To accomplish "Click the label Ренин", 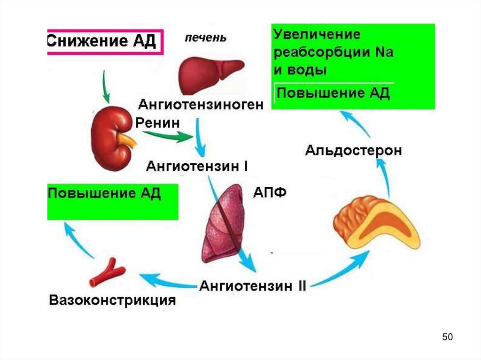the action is (x=157, y=123).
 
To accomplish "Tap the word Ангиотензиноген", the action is (x=200, y=104).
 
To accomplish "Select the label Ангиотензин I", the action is (x=197, y=166).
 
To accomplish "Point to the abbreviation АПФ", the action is (x=270, y=193).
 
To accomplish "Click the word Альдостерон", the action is (x=354, y=151).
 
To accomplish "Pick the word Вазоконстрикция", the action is (x=113, y=300).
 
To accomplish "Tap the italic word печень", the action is (x=205, y=38).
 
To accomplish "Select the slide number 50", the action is (x=447, y=337).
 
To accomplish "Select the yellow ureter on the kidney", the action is (x=127, y=139).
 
